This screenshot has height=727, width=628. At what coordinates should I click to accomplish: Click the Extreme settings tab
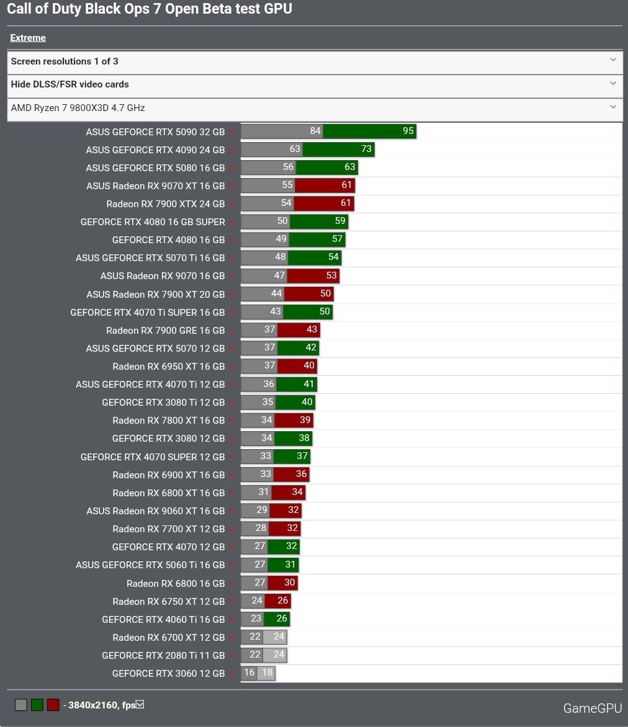(28, 38)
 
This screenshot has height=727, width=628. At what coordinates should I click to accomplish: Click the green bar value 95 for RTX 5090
(408, 131)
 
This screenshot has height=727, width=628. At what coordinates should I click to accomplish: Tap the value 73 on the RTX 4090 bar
(366, 149)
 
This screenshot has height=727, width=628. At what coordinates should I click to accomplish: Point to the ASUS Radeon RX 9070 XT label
(155, 185)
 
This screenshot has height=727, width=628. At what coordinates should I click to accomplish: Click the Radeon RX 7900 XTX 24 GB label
(165, 203)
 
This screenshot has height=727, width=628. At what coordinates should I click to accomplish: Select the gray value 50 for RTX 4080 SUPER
(282, 221)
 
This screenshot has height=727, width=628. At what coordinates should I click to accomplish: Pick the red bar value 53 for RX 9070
(331, 275)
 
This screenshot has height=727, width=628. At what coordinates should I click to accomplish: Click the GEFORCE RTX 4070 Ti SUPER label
(147, 312)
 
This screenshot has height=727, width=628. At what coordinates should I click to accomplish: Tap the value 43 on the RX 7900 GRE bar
(312, 329)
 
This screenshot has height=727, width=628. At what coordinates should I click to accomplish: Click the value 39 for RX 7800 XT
(305, 420)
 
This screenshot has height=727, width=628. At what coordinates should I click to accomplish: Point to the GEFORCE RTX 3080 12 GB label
(168, 438)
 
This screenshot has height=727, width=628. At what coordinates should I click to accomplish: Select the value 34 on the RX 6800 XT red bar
(297, 492)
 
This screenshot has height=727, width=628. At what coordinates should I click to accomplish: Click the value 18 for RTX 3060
(267, 673)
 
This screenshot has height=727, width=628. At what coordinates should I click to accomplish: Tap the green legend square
(37, 705)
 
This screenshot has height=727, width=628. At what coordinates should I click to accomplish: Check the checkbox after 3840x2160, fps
(140, 704)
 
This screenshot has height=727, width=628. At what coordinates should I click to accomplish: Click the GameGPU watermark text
(592, 708)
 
